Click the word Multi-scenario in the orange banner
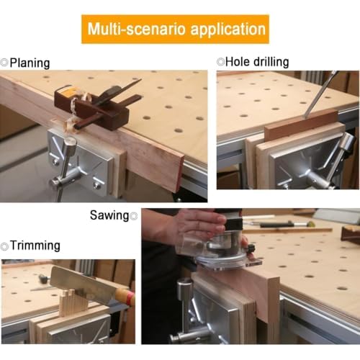click(x=137, y=29)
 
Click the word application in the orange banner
click(x=228, y=30)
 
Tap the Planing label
click(x=30, y=63)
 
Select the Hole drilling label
click(x=257, y=62)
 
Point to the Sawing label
click(x=109, y=215)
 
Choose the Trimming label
click(x=35, y=246)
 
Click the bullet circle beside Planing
click(x=4, y=63)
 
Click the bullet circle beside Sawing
click(x=133, y=216)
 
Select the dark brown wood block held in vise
click(x=301, y=125)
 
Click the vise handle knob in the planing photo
click(x=70, y=143)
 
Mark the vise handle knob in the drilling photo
click(x=347, y=141)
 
